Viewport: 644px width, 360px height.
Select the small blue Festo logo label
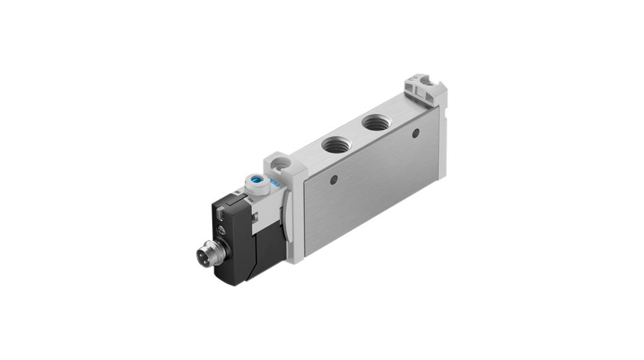pyautogui.click(x=275, y=184)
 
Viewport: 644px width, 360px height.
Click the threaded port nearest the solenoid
pyautogui.click(x=334, y=145)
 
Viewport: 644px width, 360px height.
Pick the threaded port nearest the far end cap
pyautogui.click(x=377, y=122)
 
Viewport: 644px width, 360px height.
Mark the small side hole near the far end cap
pyautogui.click(x=415, y=133)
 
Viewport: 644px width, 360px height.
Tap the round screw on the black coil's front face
pyautogui.click(x=221, y=230)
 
